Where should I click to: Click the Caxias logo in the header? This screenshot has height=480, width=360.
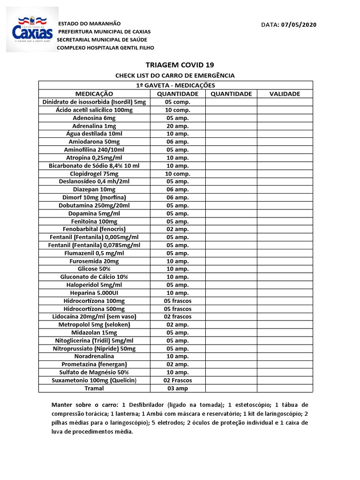[32, 29]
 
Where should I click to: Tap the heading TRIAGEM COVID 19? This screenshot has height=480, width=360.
[175, 65]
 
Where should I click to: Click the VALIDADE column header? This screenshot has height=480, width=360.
[285, 94]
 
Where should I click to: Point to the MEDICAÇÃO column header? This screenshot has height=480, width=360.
[94, 94]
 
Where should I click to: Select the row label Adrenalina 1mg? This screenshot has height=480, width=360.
[94, 126]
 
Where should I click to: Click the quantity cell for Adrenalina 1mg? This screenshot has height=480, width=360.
[178, 126]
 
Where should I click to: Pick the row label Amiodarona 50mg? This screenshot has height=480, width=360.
[94, 142]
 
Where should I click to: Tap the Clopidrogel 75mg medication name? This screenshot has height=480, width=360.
[94, 173]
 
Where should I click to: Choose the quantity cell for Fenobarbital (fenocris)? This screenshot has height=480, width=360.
[178, 229]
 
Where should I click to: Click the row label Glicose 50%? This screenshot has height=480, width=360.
[94, 269]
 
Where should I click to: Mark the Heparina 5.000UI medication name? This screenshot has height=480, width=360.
[94, 293]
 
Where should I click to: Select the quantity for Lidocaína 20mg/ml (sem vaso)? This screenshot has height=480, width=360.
[178, 317]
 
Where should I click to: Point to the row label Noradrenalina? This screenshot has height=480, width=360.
[94, 356]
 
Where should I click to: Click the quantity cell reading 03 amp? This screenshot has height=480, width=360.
[178, 388]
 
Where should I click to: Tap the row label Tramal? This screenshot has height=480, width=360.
[94, 388]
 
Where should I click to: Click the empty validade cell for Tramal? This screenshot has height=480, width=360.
[285, 388]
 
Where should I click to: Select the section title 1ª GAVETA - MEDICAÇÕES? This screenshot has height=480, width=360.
[175, 85]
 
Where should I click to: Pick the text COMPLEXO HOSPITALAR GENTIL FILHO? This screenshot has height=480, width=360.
[105, 48]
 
